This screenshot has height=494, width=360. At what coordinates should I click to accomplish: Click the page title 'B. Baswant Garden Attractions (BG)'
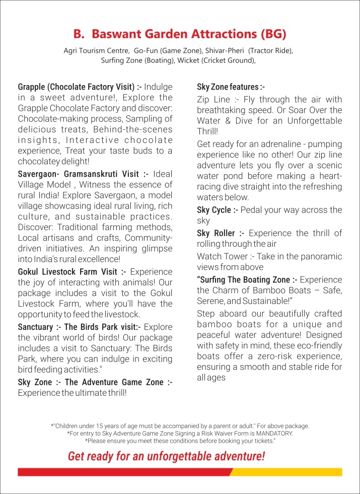[x=180, y=34]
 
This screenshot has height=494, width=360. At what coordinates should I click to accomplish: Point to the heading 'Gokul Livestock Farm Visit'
[x=72, y=272]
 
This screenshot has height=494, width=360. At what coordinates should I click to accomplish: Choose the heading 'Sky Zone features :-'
[x=231, y=87]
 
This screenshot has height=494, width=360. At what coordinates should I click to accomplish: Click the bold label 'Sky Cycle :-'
[x=218, y=210]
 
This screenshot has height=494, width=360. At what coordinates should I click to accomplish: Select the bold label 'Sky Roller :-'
[x=221, y=233]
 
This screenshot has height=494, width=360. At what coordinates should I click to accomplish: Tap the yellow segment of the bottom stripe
[x=287, y=472]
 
